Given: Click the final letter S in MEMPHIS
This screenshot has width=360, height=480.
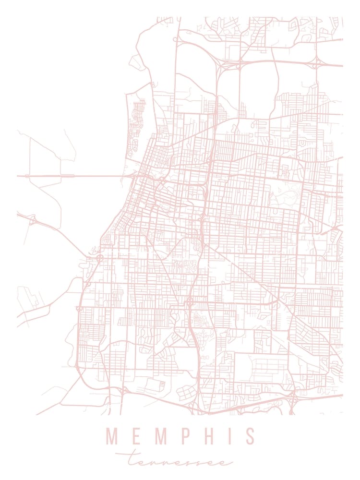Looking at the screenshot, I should [x=249, y=436].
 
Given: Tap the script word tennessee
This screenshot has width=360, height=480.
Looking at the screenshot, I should [x=180, y=461].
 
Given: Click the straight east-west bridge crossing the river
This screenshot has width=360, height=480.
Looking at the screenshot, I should [x=72, y=176].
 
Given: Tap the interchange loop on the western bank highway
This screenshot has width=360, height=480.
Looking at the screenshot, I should [x=33, y=220].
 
